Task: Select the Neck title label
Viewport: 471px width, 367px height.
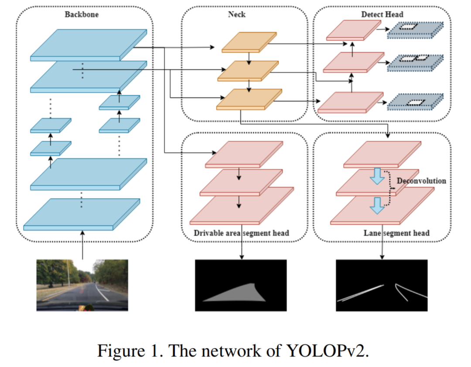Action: pyautogui.click(x=236, y=14)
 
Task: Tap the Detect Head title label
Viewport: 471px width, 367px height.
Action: pyautogui.click(x=382, y=14)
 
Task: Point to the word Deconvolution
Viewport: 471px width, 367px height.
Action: pyautogui.click(x=421, y=180)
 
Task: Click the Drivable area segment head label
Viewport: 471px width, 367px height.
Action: pyautogui.click(x=241, y=233)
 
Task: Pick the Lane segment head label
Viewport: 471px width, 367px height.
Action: pyautogui.click(x=396, y=233)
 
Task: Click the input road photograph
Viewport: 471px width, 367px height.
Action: pyautogui.click(x=82, y=285)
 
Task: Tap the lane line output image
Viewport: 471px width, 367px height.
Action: pyautogui.click(x=381, y=285)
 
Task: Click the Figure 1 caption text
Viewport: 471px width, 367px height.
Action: pyautogui.click(x=233, y=350)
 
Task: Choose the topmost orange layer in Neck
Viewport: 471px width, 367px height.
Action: pyautogui.click(x=249, y=42)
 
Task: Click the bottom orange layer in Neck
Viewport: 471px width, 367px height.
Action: pyautogui.click(x=249, y=99)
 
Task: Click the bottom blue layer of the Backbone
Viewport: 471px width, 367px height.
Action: pyautogui.click(x=82, y=214)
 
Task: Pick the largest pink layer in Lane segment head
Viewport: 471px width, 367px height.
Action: pyautogui.click(x=383, y=206)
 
